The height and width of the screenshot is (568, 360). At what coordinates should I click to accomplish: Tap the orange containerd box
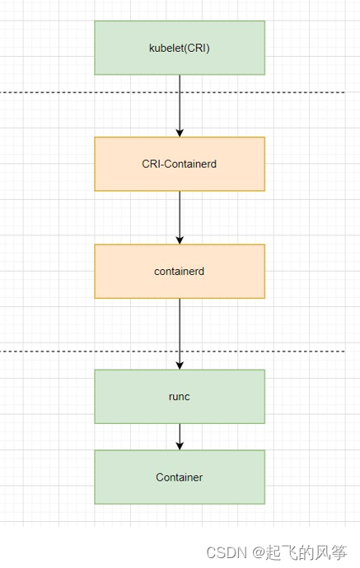pyautogui.click(x=180, y=284)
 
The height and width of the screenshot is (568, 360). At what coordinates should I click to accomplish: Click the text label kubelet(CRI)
pyautogui.click(x=180, y=48)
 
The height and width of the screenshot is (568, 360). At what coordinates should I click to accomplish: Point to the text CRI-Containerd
pyautogui.click(x=180, y=164)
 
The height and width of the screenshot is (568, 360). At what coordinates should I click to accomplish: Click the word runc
pyautogui.click(x=180, y=396)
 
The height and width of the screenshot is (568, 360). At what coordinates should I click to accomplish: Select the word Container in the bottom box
pyautogui.click(x=180, y=477)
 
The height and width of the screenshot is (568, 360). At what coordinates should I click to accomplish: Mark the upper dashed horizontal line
pyautogui.click(x=82, y=92)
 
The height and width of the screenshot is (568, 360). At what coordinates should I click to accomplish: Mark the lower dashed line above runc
pyautogui.click(x=82, y=352)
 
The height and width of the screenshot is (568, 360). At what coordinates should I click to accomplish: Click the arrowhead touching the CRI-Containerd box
pyautogui.click(x=180, y=132)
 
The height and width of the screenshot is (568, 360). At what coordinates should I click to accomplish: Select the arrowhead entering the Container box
pyautogui.click(x=180, y=445)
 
